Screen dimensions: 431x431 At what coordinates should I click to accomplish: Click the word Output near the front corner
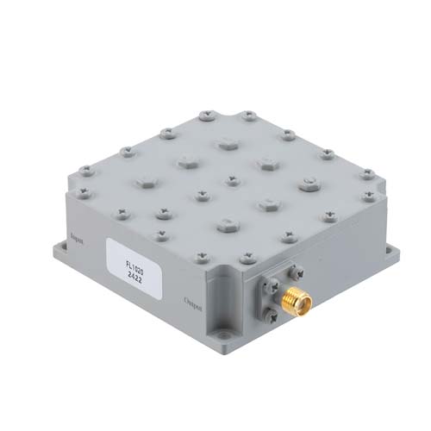[196, 302]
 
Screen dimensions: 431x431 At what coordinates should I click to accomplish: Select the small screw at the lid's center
[232, 180]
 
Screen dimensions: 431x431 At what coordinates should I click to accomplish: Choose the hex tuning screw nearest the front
[227, 225]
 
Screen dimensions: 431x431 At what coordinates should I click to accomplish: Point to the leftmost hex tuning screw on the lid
[144, 182]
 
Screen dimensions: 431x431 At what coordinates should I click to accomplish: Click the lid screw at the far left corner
[85, 170]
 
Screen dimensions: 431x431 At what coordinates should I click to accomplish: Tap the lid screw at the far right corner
[368, 174]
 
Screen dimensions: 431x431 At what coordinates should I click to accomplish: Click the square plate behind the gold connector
[274, 293]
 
